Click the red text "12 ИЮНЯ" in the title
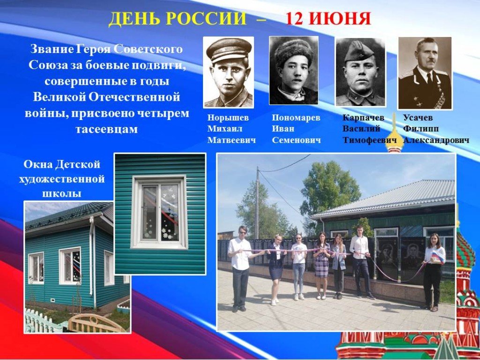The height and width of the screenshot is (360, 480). [328, 19]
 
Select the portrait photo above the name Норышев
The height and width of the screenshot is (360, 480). [229, 72]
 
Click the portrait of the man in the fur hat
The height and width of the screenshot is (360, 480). [293, 71]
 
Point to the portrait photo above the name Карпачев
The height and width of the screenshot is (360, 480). [360, 72]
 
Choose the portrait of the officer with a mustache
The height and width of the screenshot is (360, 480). [425, 73]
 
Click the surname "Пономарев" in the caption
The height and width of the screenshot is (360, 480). [296, 118]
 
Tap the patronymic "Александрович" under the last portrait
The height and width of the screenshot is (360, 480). [436, 140]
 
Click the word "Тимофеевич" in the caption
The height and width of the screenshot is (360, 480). [369, 140]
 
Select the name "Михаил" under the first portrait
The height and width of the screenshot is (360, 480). [225, 128]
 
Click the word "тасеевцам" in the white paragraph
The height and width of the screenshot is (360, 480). [106, 129]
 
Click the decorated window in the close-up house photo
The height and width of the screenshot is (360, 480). [159, 211]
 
